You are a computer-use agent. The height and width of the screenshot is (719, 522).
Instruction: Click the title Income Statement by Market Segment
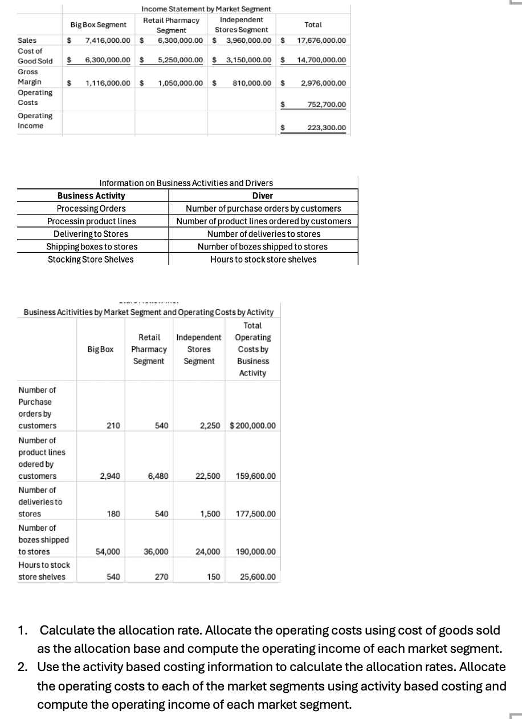tap(206, 9)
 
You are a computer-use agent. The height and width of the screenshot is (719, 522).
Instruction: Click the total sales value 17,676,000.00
tap(321, 41)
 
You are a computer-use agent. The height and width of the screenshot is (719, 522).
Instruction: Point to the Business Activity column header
tap(91, 196)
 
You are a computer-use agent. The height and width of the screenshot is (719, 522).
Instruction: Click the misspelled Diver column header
tap(263, 196)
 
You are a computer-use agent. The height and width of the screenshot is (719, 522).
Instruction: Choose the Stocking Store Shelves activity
tap(91, 259)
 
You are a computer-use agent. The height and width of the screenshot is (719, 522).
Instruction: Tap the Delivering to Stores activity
tap(91, 234)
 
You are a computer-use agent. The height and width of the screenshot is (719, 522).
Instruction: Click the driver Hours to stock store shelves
tap(263, 259)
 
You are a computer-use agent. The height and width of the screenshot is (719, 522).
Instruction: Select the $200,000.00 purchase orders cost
tap(252, 426)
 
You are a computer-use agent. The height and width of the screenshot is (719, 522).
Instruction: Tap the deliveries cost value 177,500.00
tap(256, 514)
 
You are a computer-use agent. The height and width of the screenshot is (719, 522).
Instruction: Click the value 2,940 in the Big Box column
tap(109, 476)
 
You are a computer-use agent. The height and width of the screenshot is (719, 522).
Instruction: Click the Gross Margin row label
tap(28, 77)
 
